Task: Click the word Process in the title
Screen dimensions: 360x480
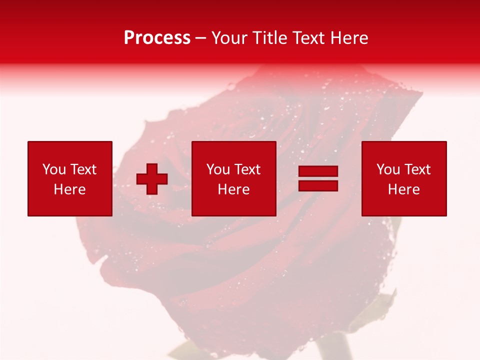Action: (157, 38)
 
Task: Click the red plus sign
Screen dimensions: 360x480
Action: (152, 179)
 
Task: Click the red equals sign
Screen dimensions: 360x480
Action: (318, 178)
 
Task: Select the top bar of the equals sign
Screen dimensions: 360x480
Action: (318, 171)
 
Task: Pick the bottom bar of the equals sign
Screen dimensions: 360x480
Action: (318, 185)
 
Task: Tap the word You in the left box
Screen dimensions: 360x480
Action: (53, 169)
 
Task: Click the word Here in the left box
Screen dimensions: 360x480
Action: (70, 189)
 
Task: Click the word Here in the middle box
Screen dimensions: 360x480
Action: (233, 189)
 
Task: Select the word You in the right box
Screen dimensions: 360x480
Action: (388, 169)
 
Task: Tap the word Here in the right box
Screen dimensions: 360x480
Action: (404, 189)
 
